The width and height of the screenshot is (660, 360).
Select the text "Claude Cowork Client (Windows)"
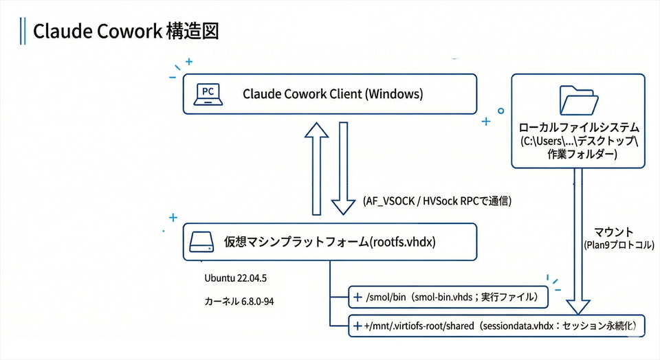[333, 94]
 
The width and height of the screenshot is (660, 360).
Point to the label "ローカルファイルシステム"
[580, 128]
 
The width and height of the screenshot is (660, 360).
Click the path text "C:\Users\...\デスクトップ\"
[580, 142]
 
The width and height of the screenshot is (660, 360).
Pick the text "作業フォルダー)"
[580, 155]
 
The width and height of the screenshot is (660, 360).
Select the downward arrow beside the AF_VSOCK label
[344, 168]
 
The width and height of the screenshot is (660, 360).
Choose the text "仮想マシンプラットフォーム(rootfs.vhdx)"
[330, 242]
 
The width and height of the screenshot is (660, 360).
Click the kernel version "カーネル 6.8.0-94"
[236, 302]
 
